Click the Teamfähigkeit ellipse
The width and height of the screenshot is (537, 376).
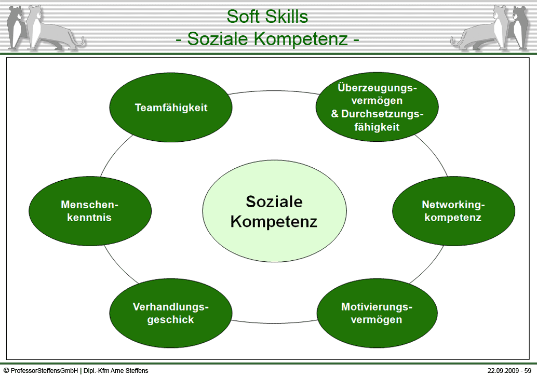click(171, 107)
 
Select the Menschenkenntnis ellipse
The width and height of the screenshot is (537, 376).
click(90, 211)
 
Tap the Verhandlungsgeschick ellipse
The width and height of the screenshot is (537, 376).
click(171, 313)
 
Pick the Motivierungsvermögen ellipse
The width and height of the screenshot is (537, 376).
click(377, 313)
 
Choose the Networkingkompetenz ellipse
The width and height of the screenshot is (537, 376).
click(453, 211)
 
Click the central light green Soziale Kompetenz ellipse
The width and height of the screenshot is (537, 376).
click(274, 211)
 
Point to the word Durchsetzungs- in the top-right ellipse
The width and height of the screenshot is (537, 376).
click(382, 114)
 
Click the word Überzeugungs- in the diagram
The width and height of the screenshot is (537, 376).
click(377, 87)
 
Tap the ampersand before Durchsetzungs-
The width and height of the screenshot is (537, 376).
click(334, 114)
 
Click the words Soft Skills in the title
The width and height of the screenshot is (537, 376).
click(267, 16)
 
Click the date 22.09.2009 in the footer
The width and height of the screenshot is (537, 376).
click(502, 370)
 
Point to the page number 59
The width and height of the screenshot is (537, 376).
click(528, 370)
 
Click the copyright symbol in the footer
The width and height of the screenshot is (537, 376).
click(6, 370)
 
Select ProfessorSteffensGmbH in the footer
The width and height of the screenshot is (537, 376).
click(45, 370)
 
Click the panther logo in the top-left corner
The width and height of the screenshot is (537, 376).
click(45, 28)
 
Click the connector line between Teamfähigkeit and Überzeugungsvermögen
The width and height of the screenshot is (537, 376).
click(274, 91)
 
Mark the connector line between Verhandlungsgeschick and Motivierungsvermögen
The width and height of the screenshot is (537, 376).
click(274, 323)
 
